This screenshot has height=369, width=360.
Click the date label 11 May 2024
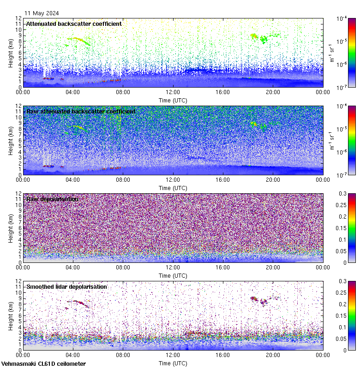tap(42, 13)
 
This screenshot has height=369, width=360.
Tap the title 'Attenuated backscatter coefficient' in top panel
tap(74, 24)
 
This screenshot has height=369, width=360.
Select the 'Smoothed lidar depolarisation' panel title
tap(66, 286)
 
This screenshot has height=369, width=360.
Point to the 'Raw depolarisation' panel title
tap(52, 199)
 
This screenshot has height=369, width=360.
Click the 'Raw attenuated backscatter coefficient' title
tap(81, 111)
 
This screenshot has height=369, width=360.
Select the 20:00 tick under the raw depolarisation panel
tap(273, 268)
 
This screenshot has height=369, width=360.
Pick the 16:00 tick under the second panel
tap(223, 180)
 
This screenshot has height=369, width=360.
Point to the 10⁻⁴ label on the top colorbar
tap(342, 18)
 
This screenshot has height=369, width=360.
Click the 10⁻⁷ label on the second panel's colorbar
tap(342, 175)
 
